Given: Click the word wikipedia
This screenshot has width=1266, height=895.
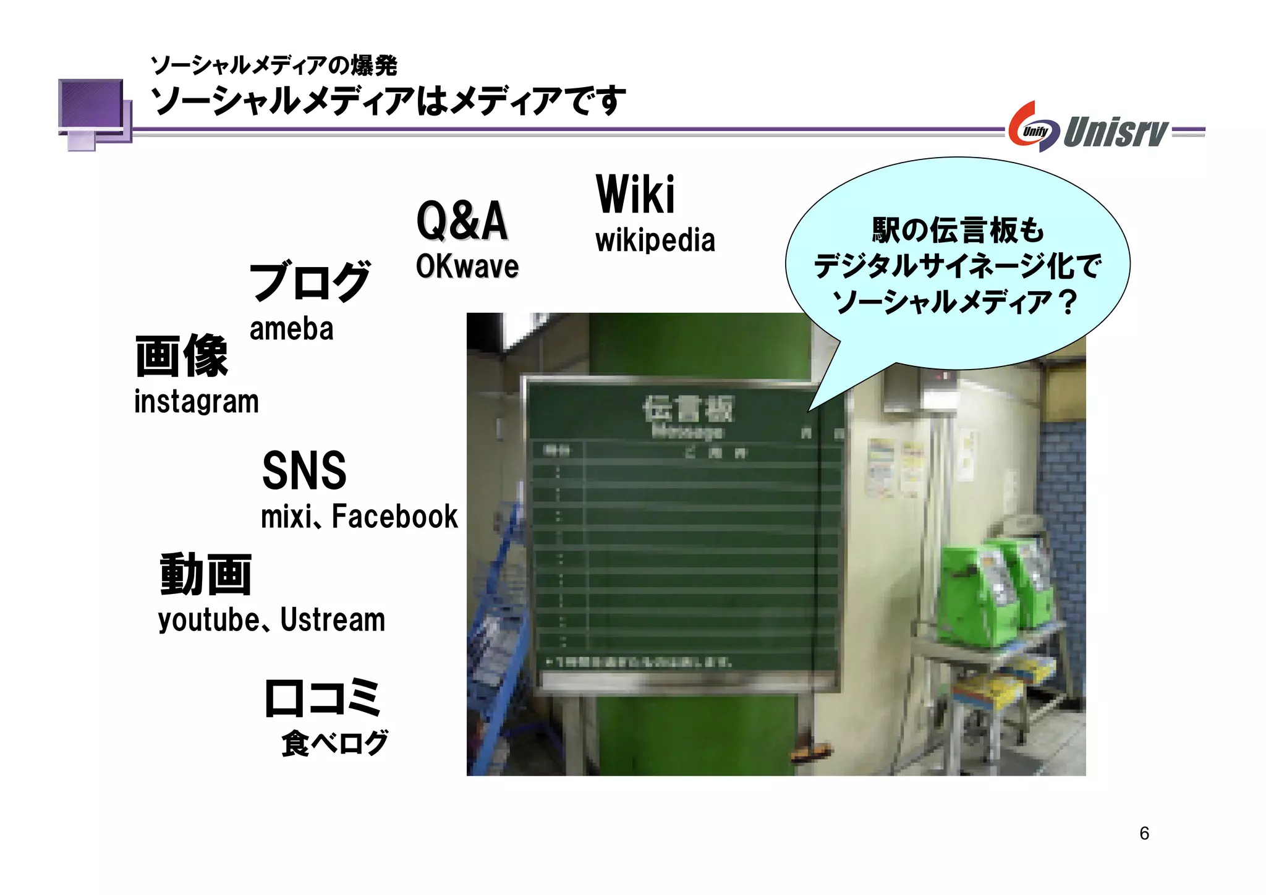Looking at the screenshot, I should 655,240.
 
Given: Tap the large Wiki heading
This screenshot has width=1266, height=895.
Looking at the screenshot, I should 635,195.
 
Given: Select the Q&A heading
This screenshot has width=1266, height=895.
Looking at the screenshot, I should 462,221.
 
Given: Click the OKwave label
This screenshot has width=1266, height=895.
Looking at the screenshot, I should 467,266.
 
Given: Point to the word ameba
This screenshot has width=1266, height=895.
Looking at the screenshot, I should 291,329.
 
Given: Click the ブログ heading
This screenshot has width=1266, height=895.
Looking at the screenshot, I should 309,281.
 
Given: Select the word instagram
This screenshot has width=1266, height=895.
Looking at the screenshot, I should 196,402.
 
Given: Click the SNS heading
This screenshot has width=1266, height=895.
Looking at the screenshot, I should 304,470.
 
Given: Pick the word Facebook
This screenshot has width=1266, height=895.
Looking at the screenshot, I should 395,517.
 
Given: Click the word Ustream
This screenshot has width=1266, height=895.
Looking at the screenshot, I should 333,620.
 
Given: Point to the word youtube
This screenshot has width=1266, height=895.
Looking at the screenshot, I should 209,620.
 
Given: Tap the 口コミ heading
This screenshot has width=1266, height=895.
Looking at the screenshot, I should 322,698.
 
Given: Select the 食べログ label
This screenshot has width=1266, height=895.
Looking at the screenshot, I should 334,742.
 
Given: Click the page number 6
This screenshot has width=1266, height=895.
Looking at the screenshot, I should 1144,833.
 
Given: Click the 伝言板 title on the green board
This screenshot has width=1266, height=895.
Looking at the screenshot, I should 687,409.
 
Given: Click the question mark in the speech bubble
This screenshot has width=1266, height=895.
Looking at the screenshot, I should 1068,302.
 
